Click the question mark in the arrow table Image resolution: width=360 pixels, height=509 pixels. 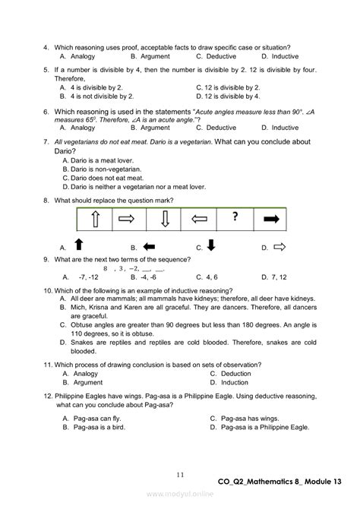pos(235,217)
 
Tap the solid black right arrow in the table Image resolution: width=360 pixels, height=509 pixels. pos(271,220)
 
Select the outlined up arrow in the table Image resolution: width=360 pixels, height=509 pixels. pos(95,220)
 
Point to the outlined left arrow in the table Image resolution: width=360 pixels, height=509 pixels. pos(200,220)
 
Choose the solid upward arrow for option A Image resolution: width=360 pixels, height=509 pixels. pos(78,245)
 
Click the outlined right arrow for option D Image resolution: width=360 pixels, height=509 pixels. pos(279,246)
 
